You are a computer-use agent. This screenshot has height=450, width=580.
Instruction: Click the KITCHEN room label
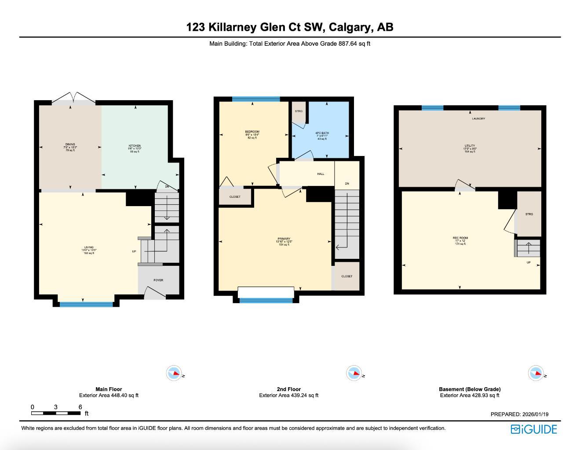point(135,146)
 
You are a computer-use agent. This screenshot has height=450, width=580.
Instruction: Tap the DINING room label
point(70,145)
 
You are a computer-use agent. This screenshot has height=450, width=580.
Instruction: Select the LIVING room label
point(89,247)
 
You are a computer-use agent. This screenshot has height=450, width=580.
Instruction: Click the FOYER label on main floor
point(158,280)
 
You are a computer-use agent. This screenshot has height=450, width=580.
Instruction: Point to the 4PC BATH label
point(322,133)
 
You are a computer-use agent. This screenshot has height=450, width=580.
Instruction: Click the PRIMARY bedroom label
point(284,239)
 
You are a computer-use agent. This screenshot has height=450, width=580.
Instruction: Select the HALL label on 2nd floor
point(321,174)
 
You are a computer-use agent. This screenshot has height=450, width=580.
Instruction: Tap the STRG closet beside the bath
point(299,111)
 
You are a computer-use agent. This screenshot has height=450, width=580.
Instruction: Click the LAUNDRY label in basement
point(478,119)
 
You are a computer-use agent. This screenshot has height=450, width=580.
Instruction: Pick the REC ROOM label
point(460,238)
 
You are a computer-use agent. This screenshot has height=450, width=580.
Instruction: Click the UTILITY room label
point(470,146)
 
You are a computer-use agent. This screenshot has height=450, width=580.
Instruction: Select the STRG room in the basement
point(529,214)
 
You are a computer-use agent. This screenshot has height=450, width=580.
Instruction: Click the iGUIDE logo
point(534,429)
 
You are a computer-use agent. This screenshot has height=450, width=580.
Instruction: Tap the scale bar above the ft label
point(56,413)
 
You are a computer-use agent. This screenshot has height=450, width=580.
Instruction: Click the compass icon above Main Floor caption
point(174,373)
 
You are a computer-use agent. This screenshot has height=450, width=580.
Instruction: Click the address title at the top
point(290,27)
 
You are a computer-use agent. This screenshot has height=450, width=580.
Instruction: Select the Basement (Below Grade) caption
point(470,389)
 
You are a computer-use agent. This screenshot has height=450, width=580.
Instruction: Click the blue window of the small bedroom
point(256,99)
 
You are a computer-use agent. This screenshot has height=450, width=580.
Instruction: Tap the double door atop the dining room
point(73,98)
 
